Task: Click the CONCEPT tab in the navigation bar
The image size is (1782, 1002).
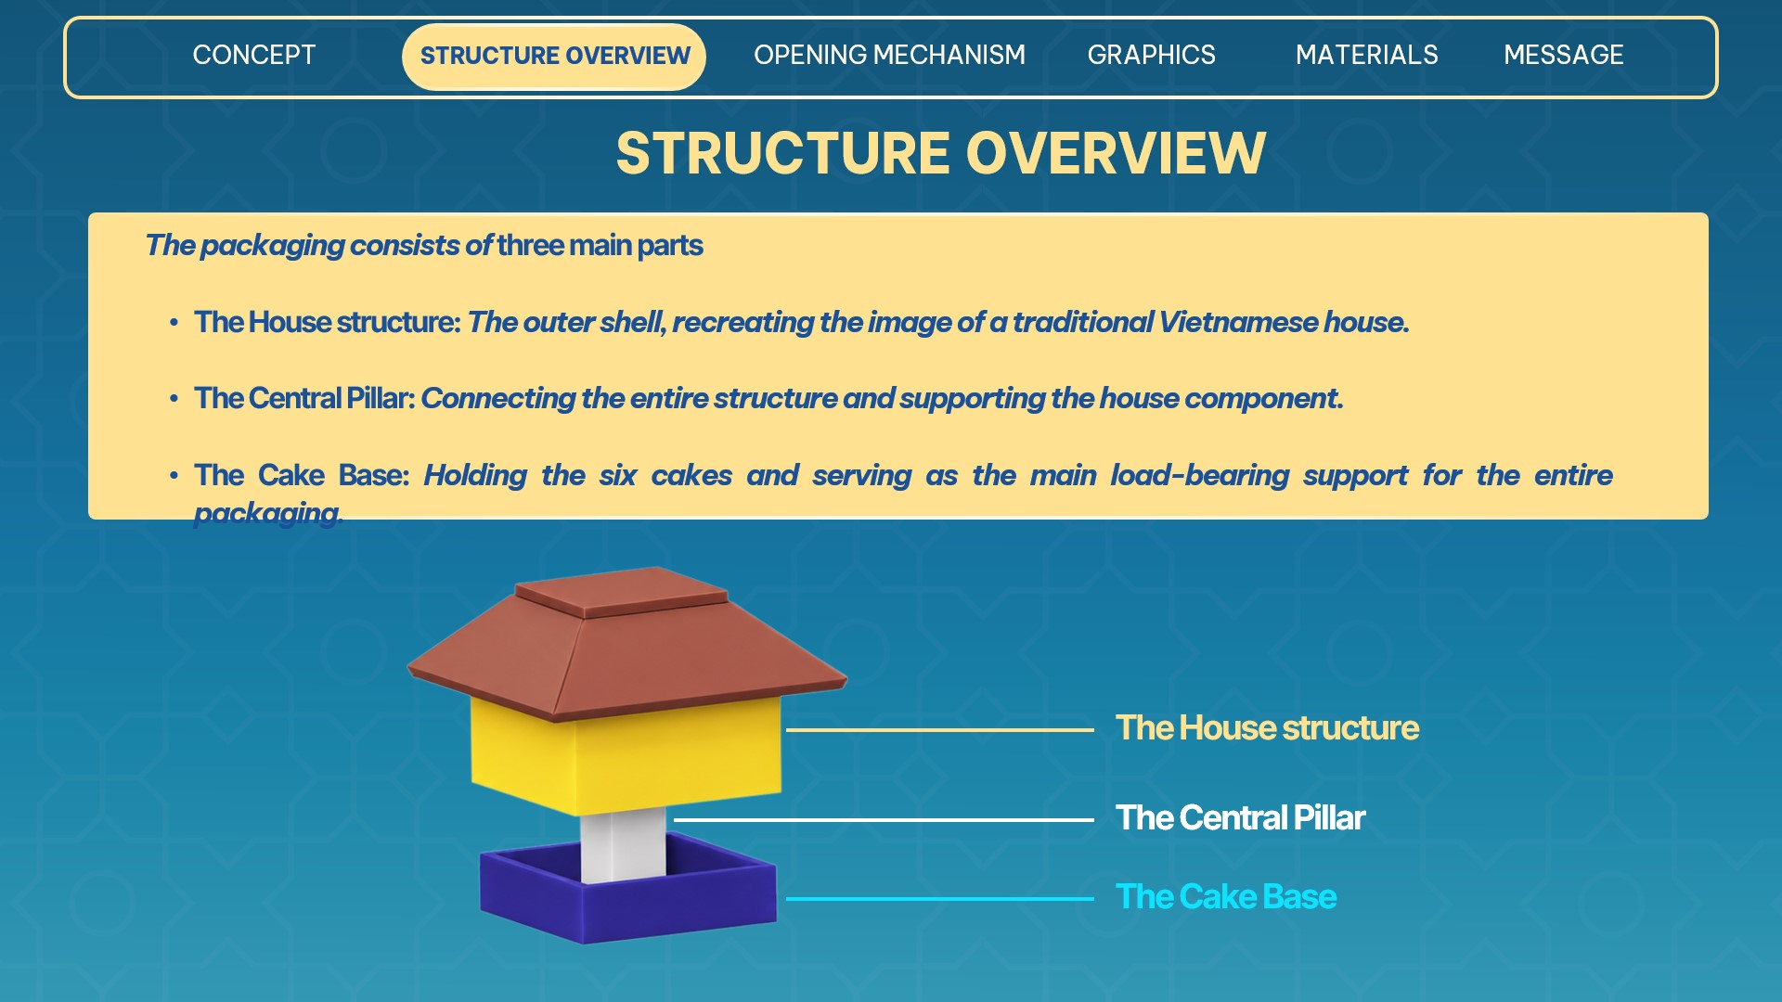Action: (254, 56)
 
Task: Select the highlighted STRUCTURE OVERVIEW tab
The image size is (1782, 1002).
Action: (554, 57)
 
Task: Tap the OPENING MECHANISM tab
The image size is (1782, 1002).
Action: (889, 56)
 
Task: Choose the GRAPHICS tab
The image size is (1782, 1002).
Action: (1151, 56)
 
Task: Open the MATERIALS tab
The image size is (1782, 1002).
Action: (1366, 56)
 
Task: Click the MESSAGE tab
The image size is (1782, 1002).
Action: (1564, 56)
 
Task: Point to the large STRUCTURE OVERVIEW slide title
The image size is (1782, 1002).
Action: (941, 153)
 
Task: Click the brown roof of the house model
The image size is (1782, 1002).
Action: (627, 644)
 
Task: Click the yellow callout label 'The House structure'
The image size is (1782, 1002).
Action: (1267, 728)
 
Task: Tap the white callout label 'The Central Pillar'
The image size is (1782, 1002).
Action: (1240, 818)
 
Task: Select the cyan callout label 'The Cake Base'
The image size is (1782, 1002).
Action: (1226, 897)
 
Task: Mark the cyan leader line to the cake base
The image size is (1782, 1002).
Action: (939, 899)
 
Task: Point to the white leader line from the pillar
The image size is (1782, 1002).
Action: (884, 820)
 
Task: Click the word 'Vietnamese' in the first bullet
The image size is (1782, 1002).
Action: (1238, 322)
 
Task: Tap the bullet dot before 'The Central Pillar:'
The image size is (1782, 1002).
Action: (174, 399)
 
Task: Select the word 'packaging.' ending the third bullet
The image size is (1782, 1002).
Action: (268, 513)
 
